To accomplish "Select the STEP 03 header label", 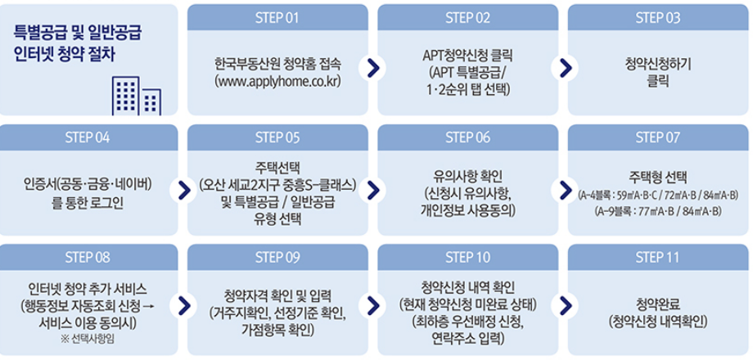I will click(657, 17).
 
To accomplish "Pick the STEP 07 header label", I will click(657, 137).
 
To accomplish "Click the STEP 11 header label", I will click(657, 257).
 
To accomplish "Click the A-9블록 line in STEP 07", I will click(657, 212).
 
